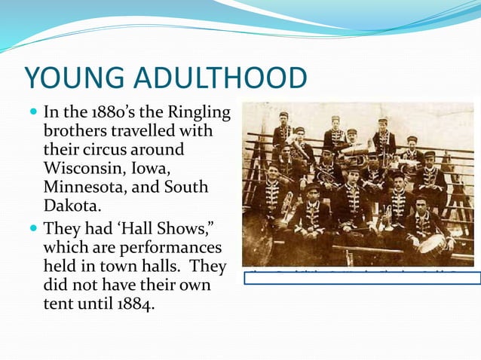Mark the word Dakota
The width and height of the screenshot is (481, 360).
tap(72, 201)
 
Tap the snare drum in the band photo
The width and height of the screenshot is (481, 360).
tap(433, 242)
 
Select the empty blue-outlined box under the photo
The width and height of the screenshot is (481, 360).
tap(362, 277)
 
